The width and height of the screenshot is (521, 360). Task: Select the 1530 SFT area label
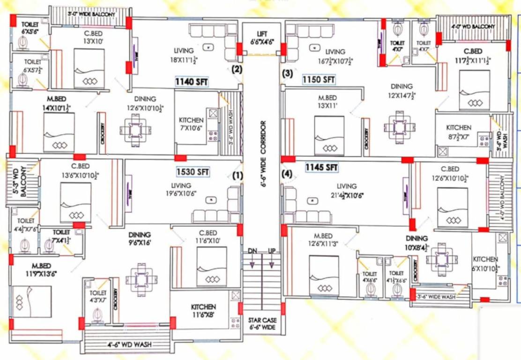pos(192,172)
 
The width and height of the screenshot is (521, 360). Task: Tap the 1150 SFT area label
pos(318,80)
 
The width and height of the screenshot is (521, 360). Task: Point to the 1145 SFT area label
pos(321,166)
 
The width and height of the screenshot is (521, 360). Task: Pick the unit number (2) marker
pos(237,69)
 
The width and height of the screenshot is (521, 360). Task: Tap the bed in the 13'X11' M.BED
pos(329,136)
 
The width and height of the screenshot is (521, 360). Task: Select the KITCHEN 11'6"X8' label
pos(203,311)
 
